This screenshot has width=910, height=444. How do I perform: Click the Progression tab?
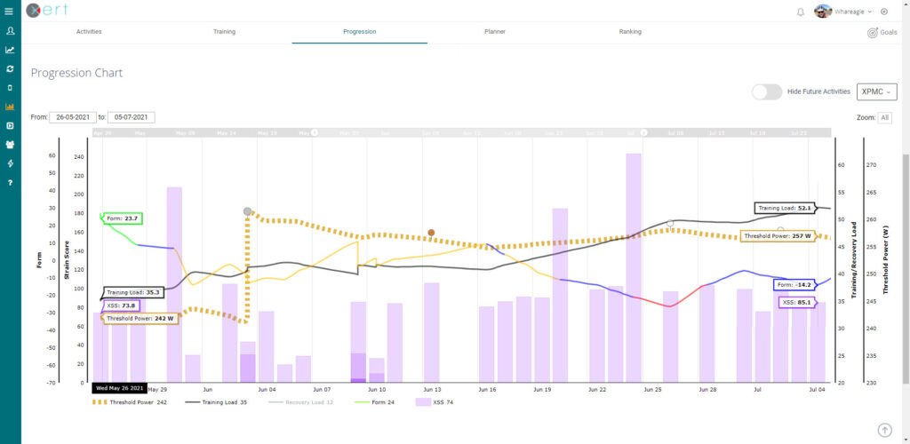click(359, 31)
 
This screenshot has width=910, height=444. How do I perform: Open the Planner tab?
click(494, 31)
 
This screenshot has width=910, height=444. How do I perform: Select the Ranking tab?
click(630, 31)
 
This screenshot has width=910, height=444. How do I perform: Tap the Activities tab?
click(89, 31)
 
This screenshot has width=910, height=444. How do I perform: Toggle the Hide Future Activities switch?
click(766, 91)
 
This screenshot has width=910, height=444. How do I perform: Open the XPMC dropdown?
click(876, 91)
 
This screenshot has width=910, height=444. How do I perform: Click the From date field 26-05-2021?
click(72, 117)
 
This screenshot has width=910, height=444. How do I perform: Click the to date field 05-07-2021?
click(132, 117)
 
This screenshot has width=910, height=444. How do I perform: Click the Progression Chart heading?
click(76, 73)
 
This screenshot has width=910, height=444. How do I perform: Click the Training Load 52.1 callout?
click(785, 208)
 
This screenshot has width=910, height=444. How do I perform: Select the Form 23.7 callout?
click(122, 218)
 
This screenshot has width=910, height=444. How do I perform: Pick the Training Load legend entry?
click(214, 402)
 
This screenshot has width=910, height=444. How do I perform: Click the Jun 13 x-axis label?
click(432, 389)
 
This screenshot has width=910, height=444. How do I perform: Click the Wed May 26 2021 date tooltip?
click(118, 388)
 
